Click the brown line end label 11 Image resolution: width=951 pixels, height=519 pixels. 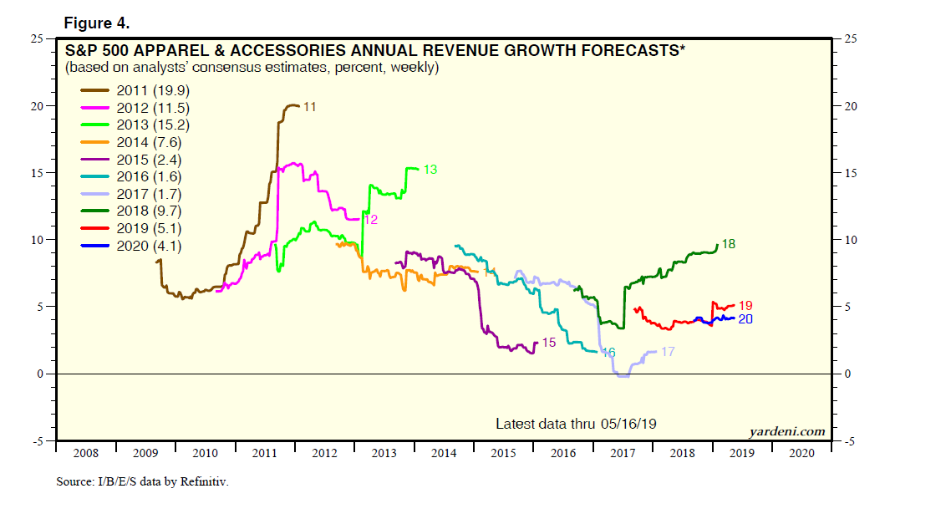coord(310,106)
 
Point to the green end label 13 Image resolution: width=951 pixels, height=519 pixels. coord(430,170)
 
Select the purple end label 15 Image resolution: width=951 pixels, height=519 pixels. coord(548,343)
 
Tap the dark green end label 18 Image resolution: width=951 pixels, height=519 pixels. coord(728,244)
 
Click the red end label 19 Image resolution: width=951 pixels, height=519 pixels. coord(745,306)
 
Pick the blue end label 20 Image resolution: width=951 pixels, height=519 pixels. coord(745,319)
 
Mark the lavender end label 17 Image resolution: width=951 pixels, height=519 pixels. coord(668,352)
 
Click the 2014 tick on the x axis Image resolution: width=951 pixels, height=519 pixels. coord(445,452)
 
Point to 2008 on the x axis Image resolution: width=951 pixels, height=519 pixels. coord(86,452)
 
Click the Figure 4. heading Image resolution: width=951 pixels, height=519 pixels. coord(95,21)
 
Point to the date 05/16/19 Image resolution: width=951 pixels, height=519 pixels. coord(628,424)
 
